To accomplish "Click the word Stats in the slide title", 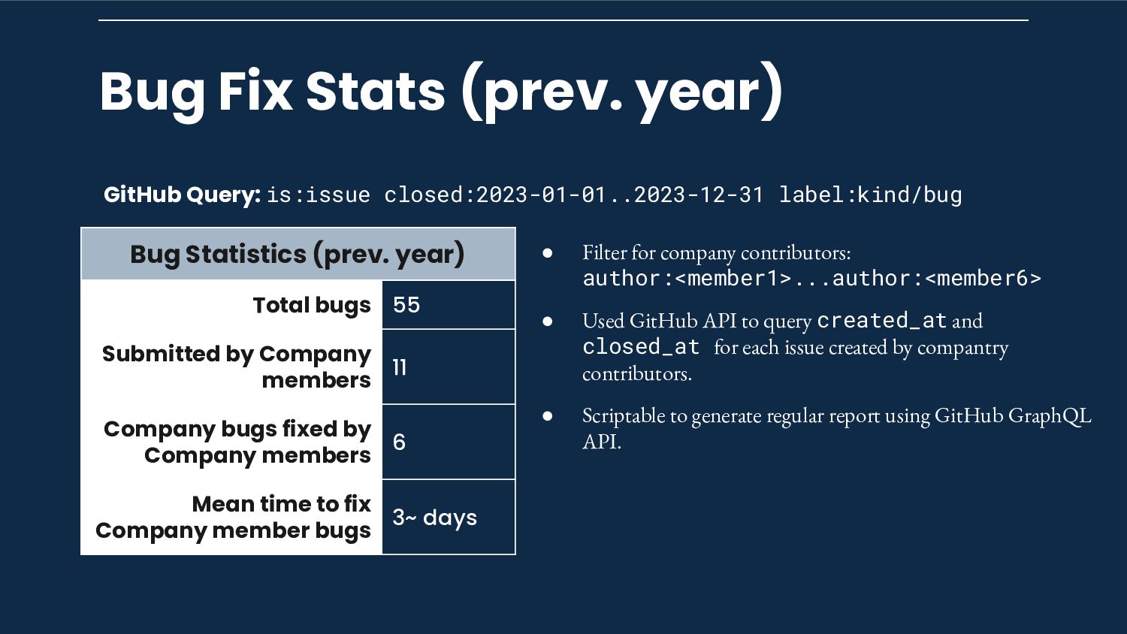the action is (x=376, y=91).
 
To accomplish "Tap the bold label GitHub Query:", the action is (x=182, y=195).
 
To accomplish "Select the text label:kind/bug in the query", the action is (x=870, y=195).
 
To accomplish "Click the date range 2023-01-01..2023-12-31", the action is (x=619, y=195).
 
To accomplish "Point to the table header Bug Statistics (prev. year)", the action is (x=298, y=254).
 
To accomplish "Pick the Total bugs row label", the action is (x=312, y=306).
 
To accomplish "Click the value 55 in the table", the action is (x=406, y=305).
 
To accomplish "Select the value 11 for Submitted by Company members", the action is (x=400, y=367).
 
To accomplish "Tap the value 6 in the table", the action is (x=399, y=442).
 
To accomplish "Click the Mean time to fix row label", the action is (x=282, y=504).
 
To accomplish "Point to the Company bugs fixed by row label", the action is (x=237, y=430).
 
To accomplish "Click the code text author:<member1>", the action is (x=687, y=278).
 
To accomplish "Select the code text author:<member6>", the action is (x=937, y=278).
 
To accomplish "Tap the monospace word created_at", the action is (x=882, y=321).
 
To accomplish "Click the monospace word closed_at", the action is (x=641, y=347).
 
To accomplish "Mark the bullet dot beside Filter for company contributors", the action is (x=548, y=252).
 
